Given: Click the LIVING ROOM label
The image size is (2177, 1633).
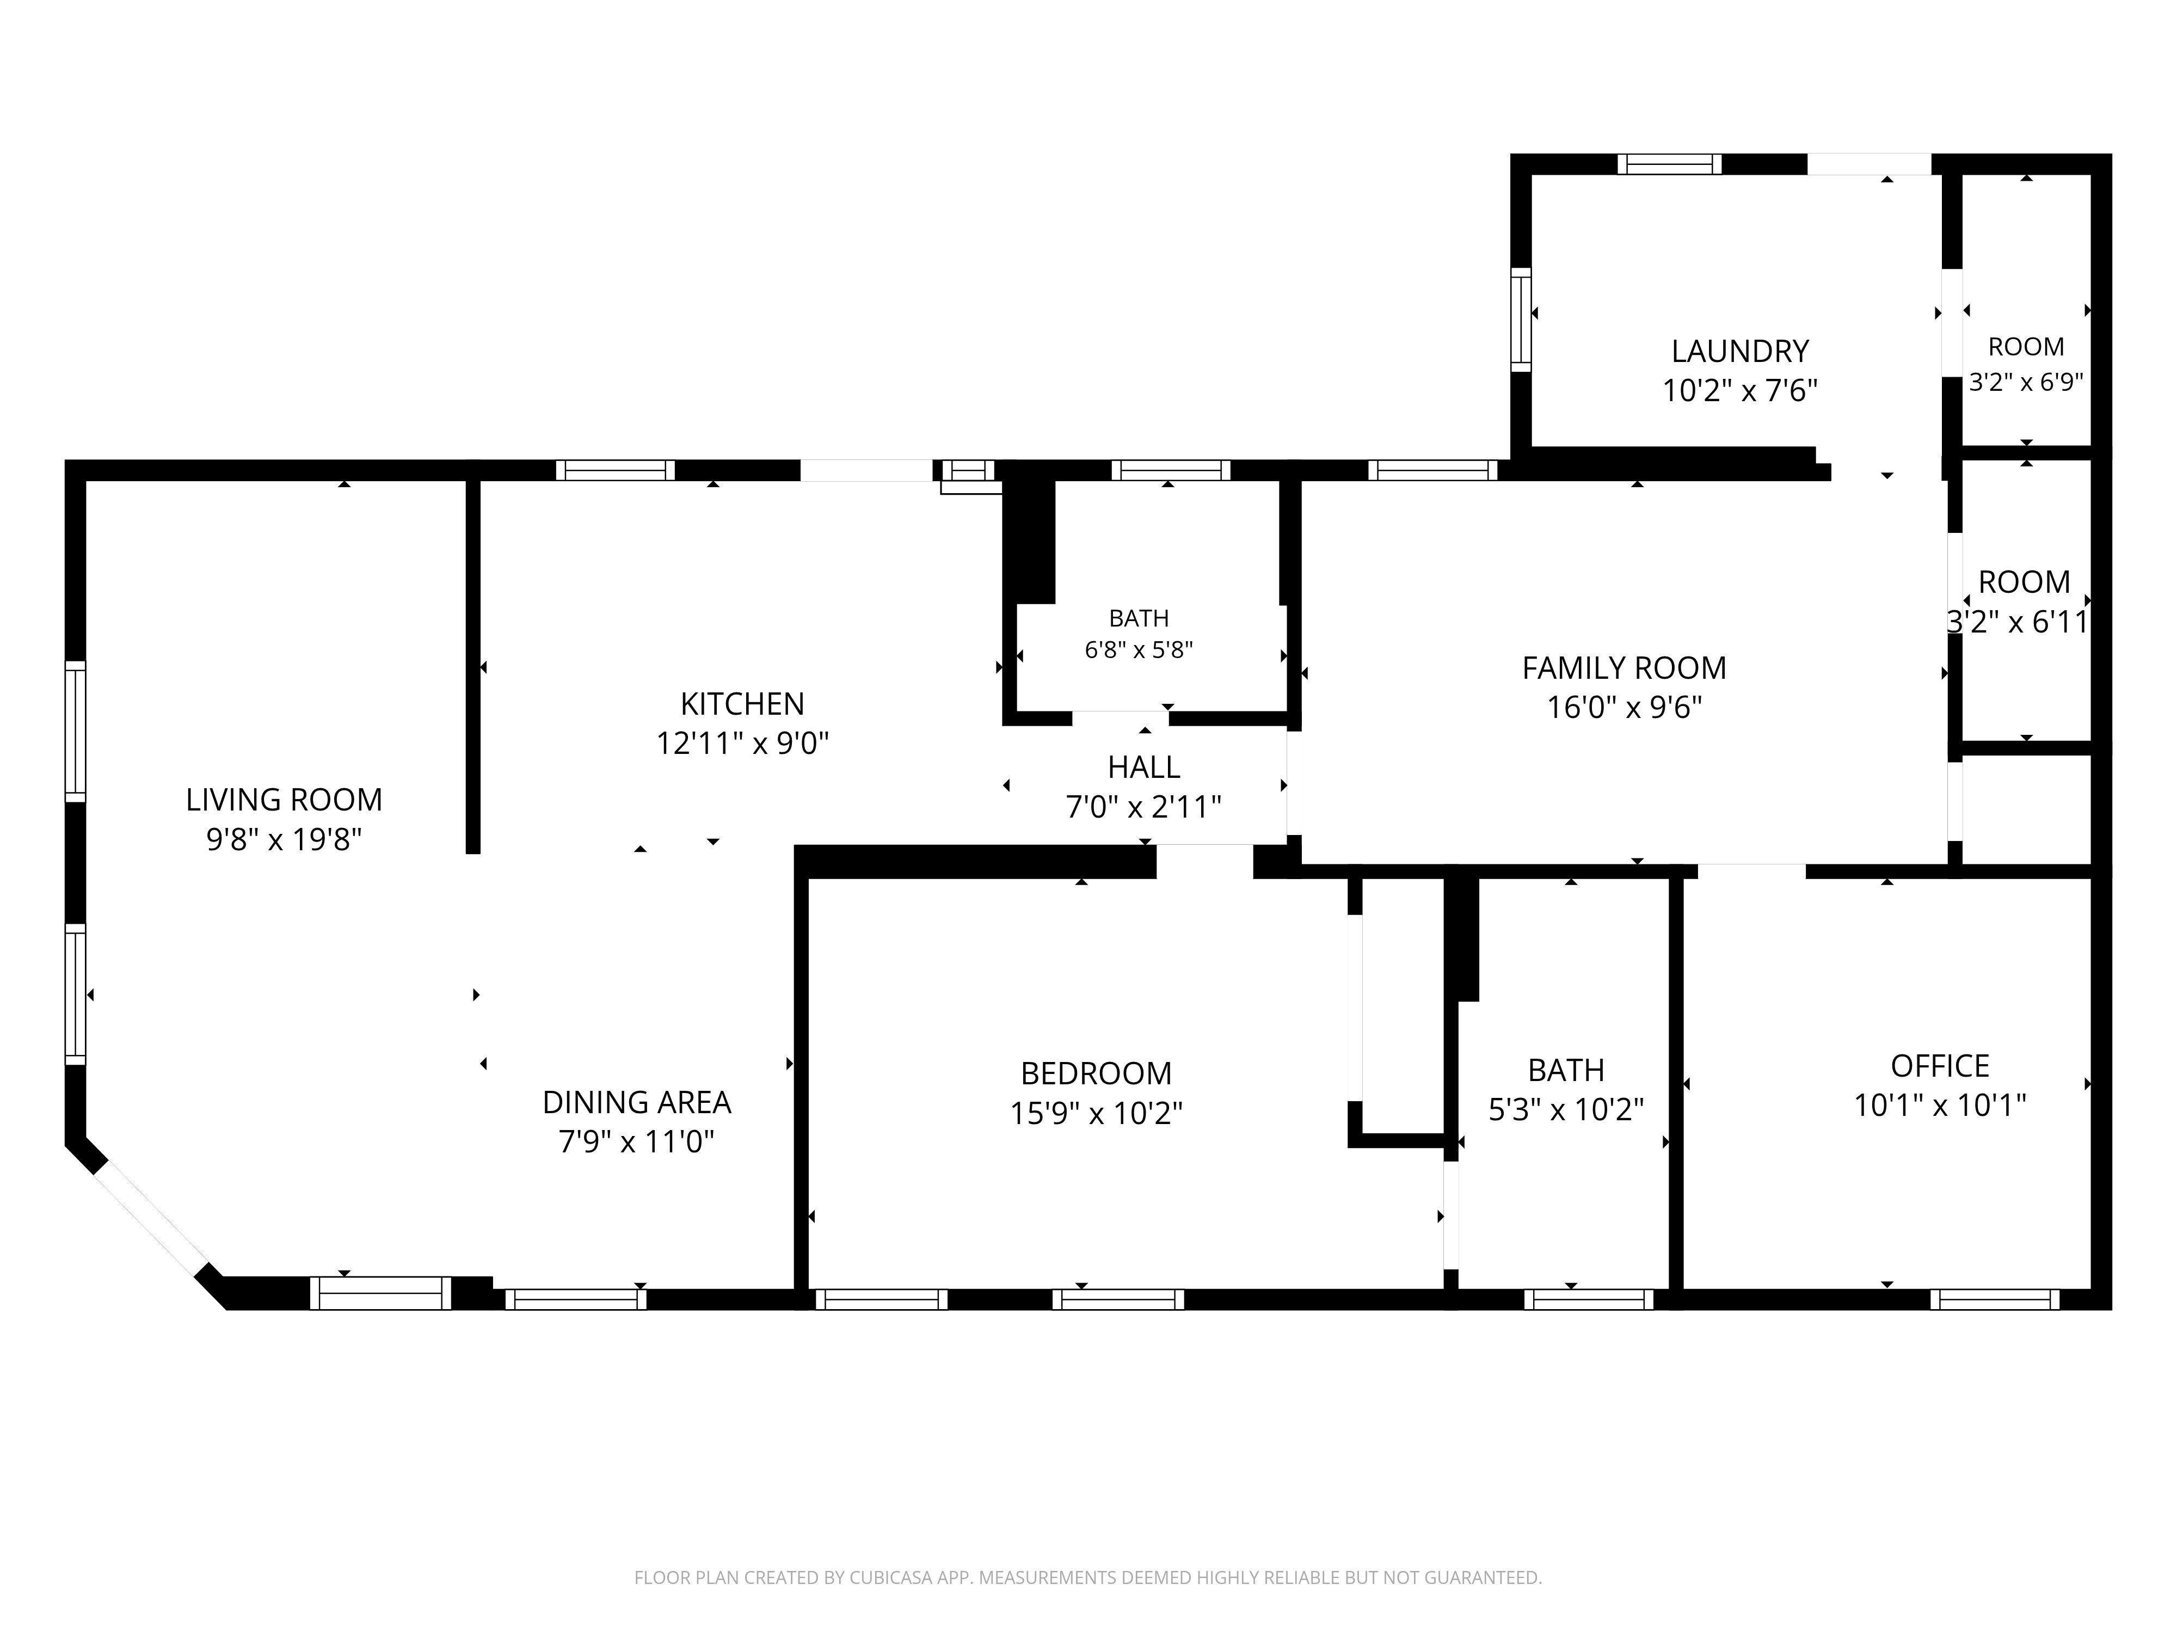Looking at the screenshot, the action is point(285,799).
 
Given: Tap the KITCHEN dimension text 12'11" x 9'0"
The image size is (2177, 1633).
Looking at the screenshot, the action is point(743,743).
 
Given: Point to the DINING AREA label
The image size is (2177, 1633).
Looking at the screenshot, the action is point(637,1102).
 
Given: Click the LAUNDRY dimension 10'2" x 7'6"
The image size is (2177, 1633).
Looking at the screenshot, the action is point(1740,391).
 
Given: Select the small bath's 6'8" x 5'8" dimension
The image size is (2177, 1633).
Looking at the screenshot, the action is point(1139,649).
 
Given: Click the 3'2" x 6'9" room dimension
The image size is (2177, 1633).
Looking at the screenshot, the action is point(2026,382).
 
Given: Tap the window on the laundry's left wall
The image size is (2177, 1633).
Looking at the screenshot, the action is point(1522,320).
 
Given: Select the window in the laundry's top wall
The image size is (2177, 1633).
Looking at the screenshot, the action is point(1670,164).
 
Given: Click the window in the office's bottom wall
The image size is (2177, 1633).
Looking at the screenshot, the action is point(1995,1299).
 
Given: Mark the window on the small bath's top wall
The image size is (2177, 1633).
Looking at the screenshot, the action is point(1171,470).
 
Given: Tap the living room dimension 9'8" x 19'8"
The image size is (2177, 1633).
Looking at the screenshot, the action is point(285,839).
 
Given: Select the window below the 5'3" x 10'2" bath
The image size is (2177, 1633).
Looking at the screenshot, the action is point(1589,1299).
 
